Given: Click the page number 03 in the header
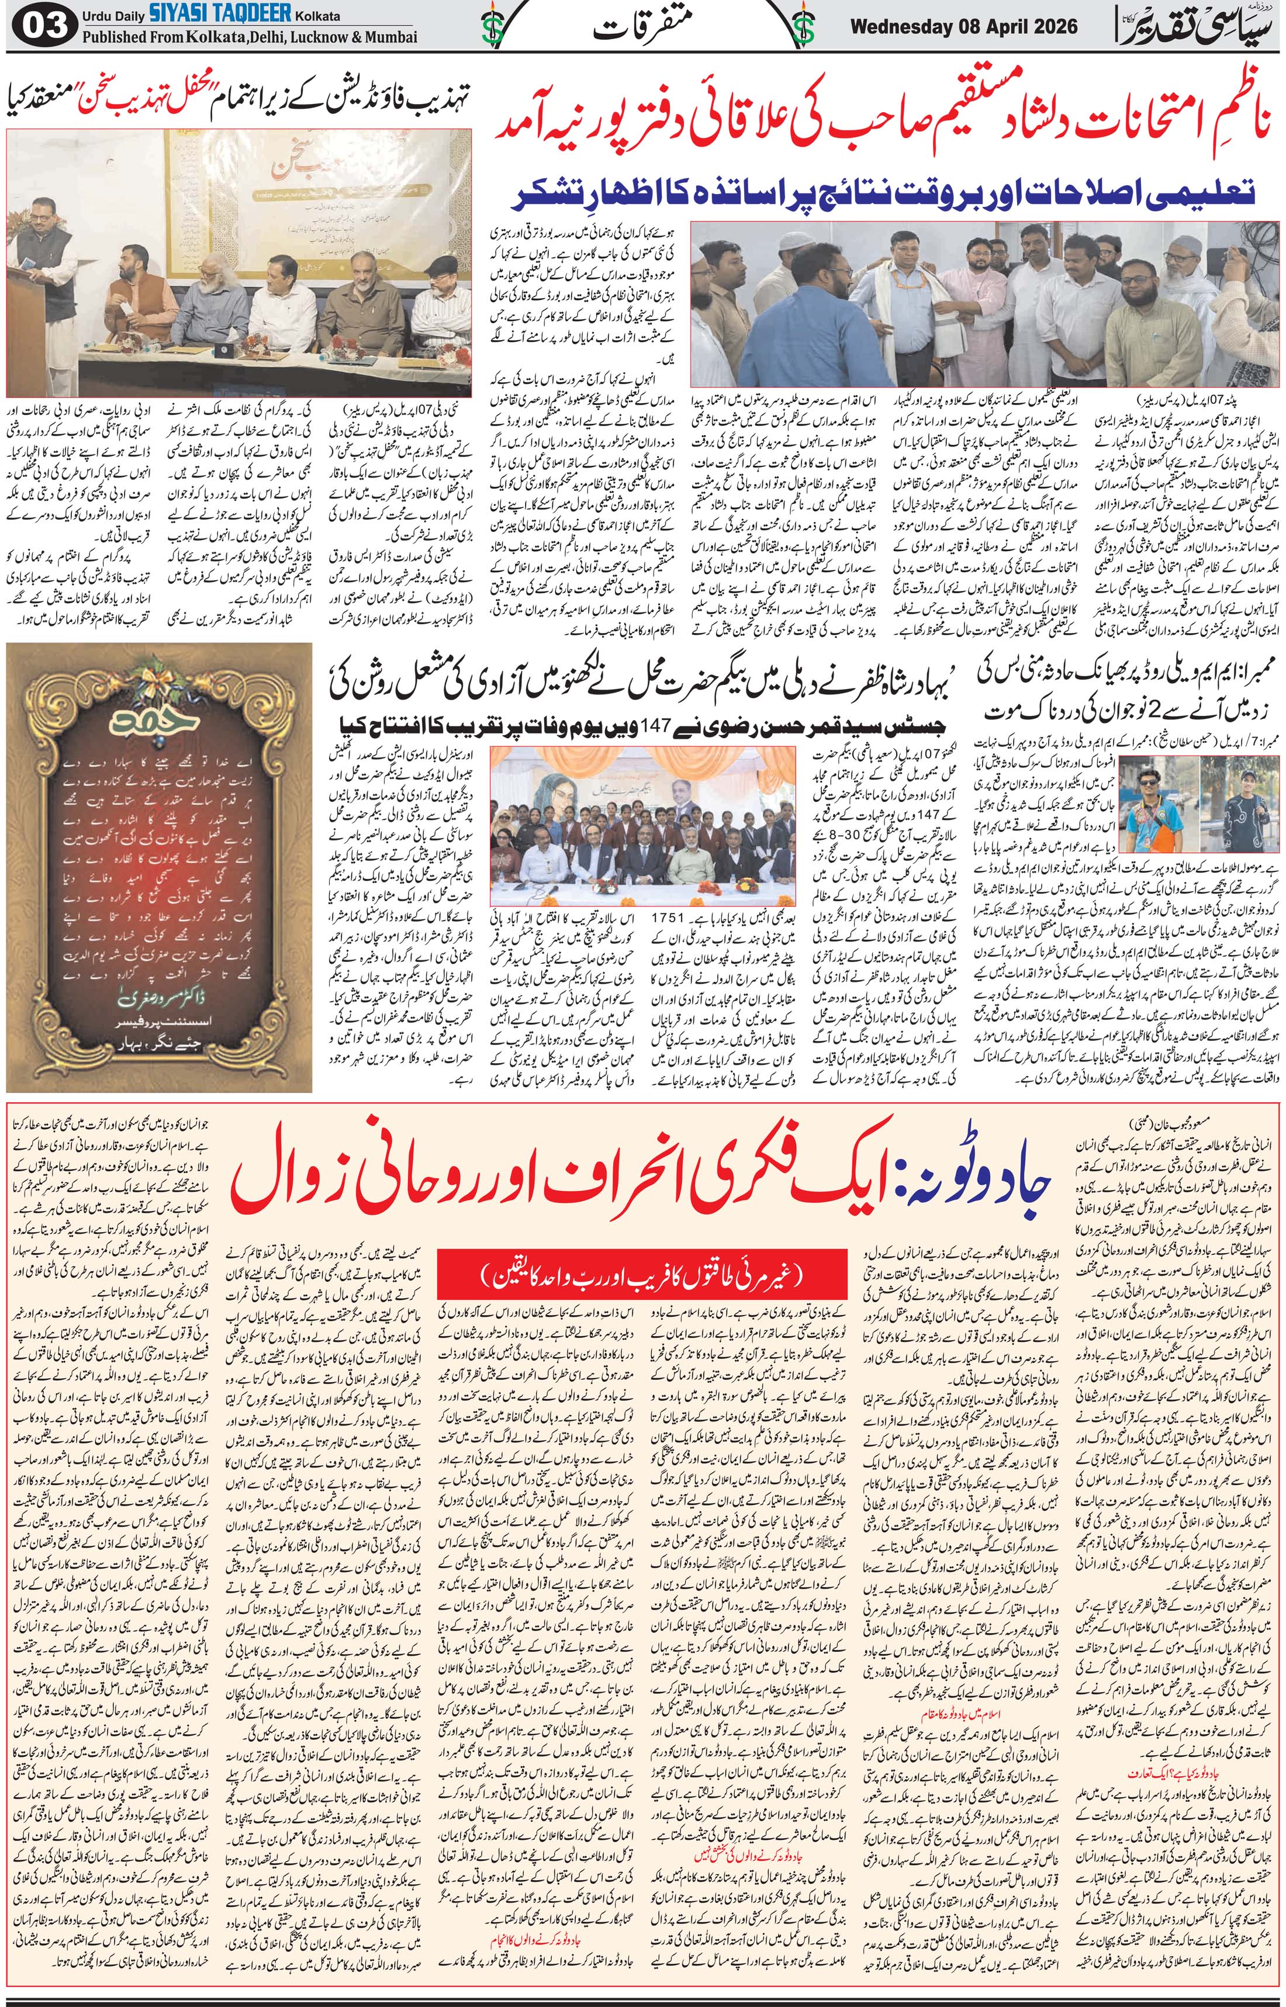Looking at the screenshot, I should (43, 26).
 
